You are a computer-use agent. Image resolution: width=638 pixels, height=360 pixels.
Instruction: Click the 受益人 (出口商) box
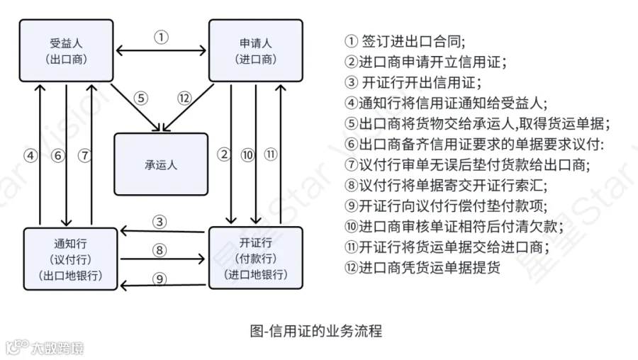65,50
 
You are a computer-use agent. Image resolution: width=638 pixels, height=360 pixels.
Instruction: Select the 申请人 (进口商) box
254,50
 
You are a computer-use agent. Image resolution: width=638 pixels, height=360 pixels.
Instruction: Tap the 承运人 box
161,164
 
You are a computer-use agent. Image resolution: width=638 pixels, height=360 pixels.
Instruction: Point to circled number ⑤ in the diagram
142,99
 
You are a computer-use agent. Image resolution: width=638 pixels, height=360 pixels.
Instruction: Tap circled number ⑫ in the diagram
185,99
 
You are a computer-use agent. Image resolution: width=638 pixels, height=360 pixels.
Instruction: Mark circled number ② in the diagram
225,155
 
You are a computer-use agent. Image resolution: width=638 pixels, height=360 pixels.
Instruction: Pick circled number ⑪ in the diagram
271,155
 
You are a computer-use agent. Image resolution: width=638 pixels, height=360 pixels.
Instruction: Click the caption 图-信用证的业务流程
316,330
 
